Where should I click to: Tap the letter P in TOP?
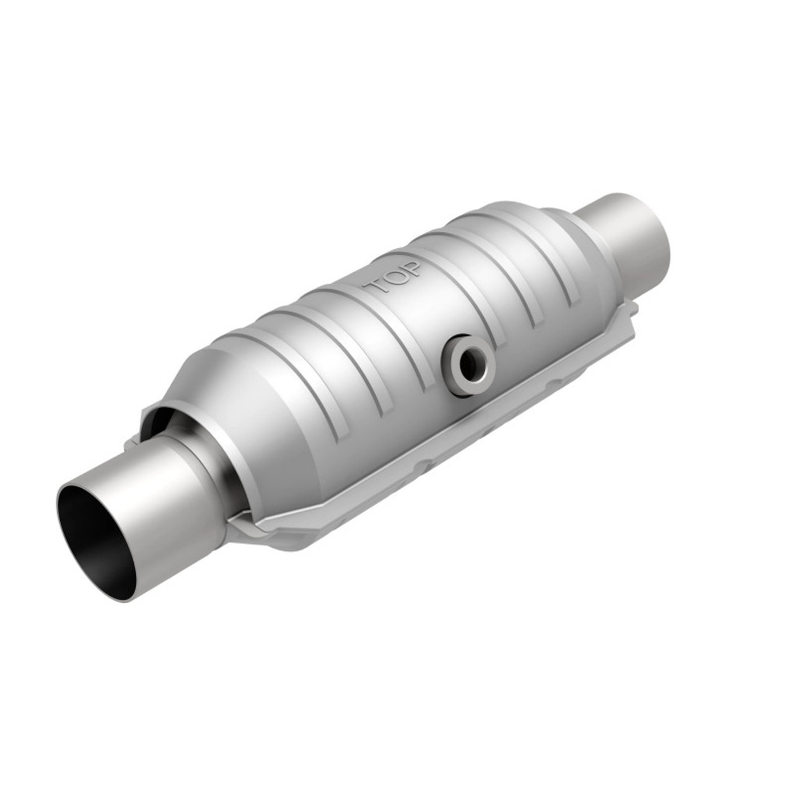[411, 268]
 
